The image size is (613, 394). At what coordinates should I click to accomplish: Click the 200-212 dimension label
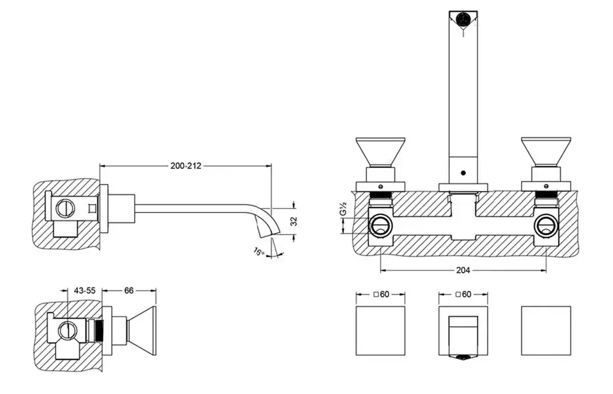click(x=186, y=165)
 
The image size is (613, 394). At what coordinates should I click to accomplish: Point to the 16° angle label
click(x=259, y=251)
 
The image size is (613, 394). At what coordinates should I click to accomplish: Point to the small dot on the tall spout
click(x=463, y=173)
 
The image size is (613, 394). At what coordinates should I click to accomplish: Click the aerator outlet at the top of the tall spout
click(x=463, y=18)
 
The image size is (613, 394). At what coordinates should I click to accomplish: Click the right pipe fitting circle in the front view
click(x=544, y=225)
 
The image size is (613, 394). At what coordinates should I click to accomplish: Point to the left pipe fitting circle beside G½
click(x=379, y=225)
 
